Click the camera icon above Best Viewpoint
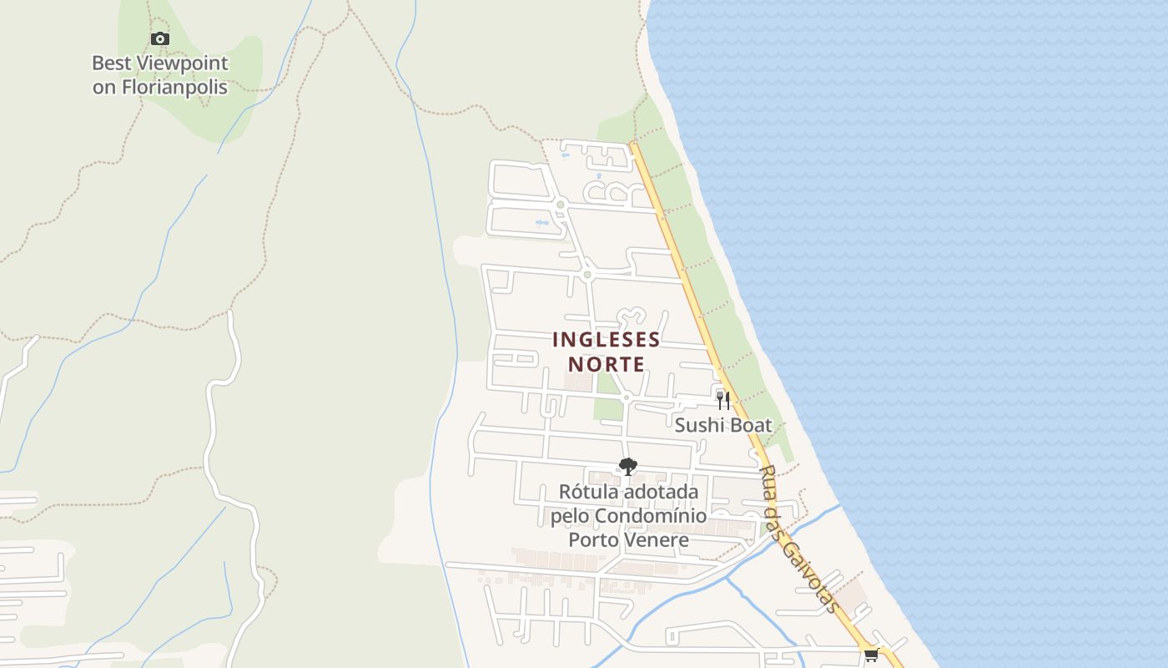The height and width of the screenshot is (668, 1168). coord(159,38)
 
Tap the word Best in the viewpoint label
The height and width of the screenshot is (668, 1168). coord(110,63)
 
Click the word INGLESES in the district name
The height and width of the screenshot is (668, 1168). coord(607,340)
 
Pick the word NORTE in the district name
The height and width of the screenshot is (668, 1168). coord(607,364)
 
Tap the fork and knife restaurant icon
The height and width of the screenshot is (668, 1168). coord(723,400)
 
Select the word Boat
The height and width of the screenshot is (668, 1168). coord(752,425)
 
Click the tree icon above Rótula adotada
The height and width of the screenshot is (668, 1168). coord(628,467)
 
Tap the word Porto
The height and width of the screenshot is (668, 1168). coord(593,539)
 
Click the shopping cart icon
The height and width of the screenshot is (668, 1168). coord(872,655)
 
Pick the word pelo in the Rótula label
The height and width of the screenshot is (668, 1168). coord(568,516)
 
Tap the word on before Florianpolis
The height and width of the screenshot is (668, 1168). coord(104,87)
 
